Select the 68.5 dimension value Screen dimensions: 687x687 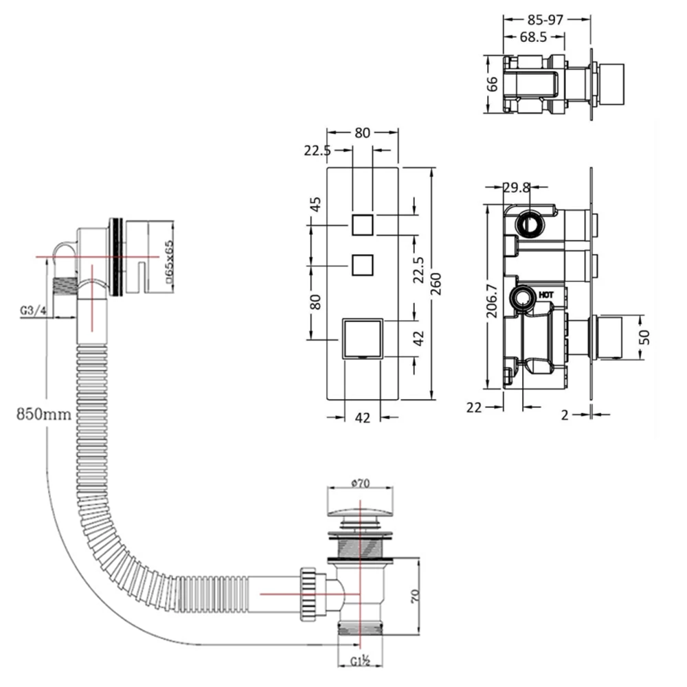point(532,37)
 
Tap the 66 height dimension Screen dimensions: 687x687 point(493,84)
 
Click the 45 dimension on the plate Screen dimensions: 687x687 point(315,204)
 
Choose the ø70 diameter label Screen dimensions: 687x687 point(361,483)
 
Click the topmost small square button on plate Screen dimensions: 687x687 point(361,225)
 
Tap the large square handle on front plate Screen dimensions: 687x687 point(361,338)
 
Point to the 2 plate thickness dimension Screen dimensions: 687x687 point(564,414)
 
